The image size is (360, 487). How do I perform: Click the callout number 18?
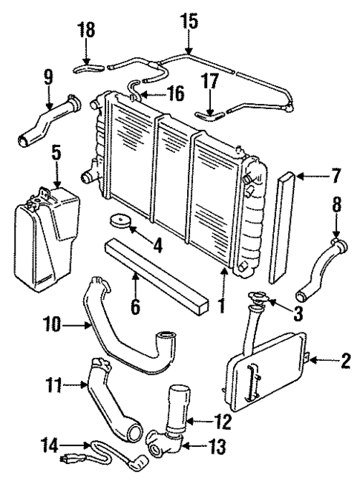click(x=86, y=30)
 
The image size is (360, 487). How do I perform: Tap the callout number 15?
click(x=189, y=21)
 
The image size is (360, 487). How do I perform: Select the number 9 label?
click(x=48, y=77)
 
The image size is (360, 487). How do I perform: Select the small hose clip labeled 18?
click(x=86, y=68)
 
